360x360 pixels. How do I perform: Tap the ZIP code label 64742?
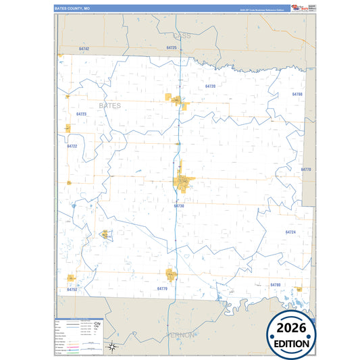point(84,49)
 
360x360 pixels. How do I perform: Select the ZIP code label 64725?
point(171,48)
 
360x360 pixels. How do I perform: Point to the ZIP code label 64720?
point(210,86)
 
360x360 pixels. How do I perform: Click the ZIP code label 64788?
point(297,94)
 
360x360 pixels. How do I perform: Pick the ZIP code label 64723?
point(81,114)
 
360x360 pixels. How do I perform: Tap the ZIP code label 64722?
point(72,146)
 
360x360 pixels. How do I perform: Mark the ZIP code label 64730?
point(178,205)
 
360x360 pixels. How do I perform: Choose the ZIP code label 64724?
point(290,232)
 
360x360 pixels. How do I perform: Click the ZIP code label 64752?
point(72,289)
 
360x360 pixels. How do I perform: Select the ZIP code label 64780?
point(275,285)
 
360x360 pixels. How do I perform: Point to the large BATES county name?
point(111,106)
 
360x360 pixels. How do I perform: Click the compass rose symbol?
point(113,347)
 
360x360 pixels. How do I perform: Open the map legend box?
point(80,335)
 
